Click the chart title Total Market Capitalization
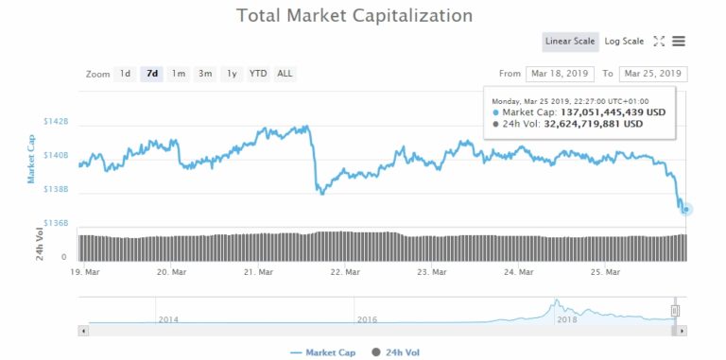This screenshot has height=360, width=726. pyautogui.click(x=354, y=16)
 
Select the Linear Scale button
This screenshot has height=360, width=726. pyautogui.click(x=570, y=42)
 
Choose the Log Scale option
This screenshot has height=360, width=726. pyautogui.click(x=624, y=42)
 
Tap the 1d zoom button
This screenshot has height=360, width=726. pyautogui.click(x=125, y=74)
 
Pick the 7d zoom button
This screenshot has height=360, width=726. pyautogui.click(x=151, y=74)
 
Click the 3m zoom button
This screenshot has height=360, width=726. pyautogui.click(x=205, y=74)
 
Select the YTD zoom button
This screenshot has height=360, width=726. pyautogui.click(x=257, y=74)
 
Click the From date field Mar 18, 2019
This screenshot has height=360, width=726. pyautogui.click(x=561, y=74)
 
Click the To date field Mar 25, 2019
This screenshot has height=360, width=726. pyautogui.click(x=652, y=74)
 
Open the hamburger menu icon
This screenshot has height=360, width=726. pyautogui.click(x=679, y=42)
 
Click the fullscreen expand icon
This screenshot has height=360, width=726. pyautogui.click(x=660, y=42)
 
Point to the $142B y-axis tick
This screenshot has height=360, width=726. pyautogui.click(x=55, y=123)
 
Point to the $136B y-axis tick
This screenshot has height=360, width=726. pyautogui.click(x=55, y=223)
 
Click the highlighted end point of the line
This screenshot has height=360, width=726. pyautogui.click(x=686, y=209)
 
